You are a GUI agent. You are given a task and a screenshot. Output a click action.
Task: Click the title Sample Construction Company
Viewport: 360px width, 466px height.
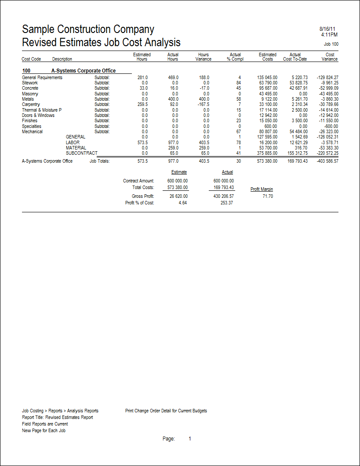[x=88, y=29]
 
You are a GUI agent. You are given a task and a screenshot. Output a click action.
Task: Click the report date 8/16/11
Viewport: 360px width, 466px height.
[x=329, y=29]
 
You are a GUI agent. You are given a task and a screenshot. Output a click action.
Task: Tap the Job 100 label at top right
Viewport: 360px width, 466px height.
[x=331, y=44]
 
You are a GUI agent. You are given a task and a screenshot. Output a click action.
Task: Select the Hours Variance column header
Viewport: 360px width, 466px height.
[x=203, y=57]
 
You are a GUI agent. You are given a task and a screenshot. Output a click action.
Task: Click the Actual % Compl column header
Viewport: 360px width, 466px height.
[x=235, y=57]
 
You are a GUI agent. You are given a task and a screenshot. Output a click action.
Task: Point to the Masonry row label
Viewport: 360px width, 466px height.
[x=30, y=94]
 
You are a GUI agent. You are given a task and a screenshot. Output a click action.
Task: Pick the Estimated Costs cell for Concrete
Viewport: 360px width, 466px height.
[x=267, y=88]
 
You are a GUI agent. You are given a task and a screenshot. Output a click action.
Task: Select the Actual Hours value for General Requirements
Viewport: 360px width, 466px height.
[x=173, y=77]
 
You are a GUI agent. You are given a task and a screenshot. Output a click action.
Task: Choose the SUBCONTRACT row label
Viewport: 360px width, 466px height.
[x=81, y=153]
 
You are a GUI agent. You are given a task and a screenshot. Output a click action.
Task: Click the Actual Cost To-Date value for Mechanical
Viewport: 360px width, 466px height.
[x=298, y=131]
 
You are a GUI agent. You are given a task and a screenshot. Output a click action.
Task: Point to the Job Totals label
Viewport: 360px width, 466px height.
[x=99, y=161]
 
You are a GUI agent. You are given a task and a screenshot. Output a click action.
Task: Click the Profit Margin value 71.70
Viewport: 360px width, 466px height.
[x=268, y=196]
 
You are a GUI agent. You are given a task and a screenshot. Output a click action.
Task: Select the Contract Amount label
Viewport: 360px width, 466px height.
[x=138, y=181]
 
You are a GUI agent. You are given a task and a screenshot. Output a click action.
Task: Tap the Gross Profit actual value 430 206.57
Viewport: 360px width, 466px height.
[x=224, y=196]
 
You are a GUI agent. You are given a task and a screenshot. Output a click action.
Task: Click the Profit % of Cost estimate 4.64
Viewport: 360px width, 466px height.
[x=182, y=203]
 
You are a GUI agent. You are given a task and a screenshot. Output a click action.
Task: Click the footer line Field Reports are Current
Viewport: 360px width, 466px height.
[x=45, y=424]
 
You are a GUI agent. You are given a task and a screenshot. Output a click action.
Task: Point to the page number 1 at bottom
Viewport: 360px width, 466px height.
[x=190, y=439]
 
